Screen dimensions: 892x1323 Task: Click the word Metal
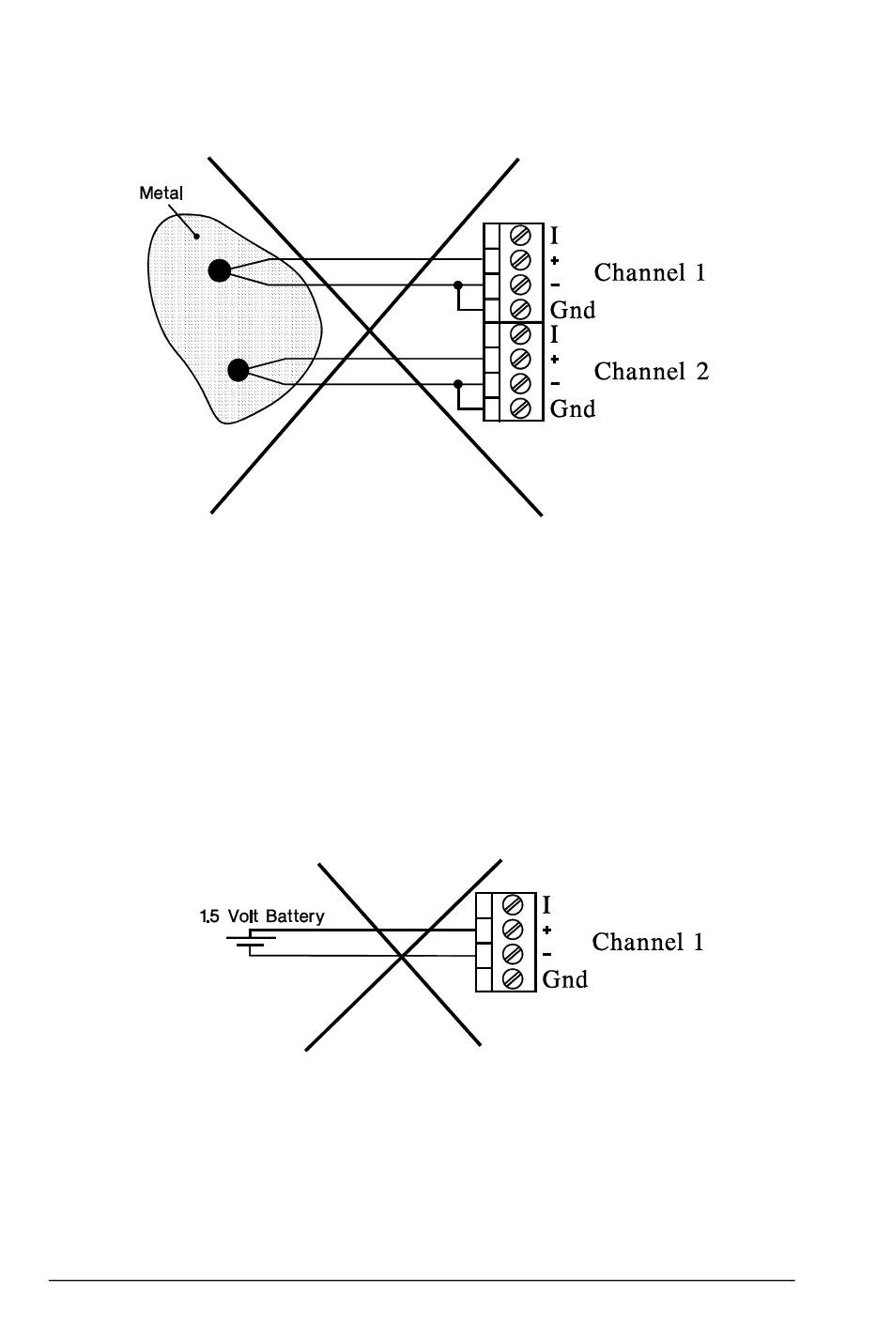pos(161,193)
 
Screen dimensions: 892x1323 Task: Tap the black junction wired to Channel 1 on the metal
pos(219,271)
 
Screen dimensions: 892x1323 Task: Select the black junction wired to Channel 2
pos(238,370)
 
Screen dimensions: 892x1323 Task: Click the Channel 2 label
pos(651,372)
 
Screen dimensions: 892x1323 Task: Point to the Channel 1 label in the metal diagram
pos(650,273)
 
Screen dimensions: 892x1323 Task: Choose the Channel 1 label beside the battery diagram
pos(648,943)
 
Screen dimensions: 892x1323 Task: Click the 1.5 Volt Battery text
pos(262,916)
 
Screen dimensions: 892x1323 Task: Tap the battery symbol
pos(251,943)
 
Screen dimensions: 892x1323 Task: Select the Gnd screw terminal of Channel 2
pos(520,408)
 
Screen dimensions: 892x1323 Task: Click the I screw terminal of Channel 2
pos(520,334)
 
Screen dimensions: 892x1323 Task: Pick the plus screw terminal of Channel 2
pos(520,359)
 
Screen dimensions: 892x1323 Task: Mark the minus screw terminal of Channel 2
pos(520,383)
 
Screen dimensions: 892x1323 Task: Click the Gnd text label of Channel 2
pos(573,409)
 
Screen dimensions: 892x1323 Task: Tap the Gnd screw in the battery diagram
pos(513,979)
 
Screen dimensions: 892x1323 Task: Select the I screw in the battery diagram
pos(513,905)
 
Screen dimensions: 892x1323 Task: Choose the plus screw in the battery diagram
pos(513,930)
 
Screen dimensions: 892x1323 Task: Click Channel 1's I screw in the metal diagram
pos(520,236)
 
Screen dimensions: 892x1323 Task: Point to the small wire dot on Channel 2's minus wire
pos(458,384)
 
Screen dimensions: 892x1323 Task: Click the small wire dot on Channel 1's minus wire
pos(458,285)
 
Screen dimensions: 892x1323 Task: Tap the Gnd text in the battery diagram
pos(565,980)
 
